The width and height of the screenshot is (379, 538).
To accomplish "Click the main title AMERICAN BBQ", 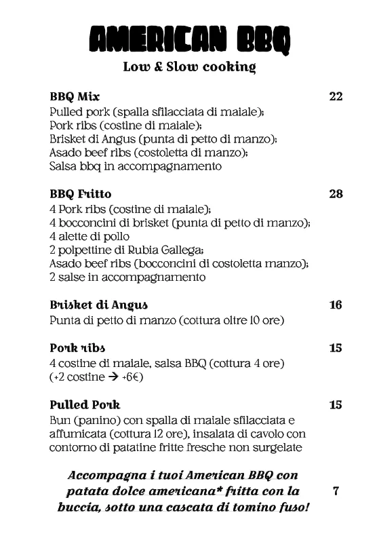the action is click(189, 40).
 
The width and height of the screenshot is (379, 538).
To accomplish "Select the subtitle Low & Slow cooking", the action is click(189, 67).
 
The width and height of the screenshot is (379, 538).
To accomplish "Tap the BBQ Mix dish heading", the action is click(75, 96).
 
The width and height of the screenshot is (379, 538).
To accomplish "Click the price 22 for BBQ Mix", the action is click(336, 96).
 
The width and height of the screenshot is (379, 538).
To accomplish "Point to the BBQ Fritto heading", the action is click(81, 194).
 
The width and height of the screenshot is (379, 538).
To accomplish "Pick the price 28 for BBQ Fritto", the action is click(336, 194).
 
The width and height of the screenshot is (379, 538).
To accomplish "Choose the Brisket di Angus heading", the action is click(99, 305).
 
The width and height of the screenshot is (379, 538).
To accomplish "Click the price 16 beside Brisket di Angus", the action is click(336, 305).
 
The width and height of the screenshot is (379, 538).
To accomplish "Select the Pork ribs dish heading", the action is click(77, 348).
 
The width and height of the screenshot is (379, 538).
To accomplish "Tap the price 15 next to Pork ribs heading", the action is click(336, 348).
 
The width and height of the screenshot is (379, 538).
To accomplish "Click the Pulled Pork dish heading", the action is click(85, 405).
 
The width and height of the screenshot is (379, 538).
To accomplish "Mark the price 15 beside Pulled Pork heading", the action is click(336, 405).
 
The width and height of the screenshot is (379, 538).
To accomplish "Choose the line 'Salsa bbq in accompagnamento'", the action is click(136, 166).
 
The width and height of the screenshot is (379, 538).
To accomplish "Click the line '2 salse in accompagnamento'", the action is click(127, 277).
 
